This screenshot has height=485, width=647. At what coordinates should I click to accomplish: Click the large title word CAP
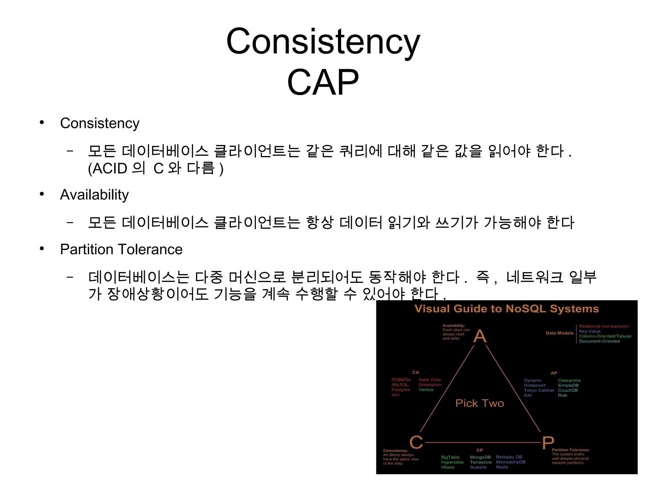pyautogui.click(x=323, y=82)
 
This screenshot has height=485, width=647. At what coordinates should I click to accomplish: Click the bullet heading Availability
pyautogui.click(x=94, y=195)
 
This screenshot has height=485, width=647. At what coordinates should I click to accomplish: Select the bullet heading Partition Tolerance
pyautogui.click(x=121, y=249)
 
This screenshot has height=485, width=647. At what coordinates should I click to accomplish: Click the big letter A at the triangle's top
pyautogui.click(x=480, y=336)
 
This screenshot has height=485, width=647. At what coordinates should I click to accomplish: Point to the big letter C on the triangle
pyautogui.click(x=416, y=442)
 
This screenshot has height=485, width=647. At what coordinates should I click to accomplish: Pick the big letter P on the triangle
pyautogui.click(x=548, y=443)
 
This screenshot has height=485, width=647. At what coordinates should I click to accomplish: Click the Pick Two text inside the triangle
pyautogui.click(x=480, y=403)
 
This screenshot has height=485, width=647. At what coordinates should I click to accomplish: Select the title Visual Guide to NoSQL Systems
pyautogui.click(x=506, y=309)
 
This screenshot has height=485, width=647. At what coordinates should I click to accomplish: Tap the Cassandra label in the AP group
pyautogui.click(x=569, y=380)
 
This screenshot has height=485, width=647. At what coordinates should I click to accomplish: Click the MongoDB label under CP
pyautogui.click(x=480, y=457)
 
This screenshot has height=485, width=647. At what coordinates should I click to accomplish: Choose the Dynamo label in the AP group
pyautogui.click(x=533, y=380)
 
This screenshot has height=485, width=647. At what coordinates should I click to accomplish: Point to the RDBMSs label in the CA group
pyautogui.click(x=401, y=380)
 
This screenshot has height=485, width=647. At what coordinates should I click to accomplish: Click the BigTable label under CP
pyautogui.click(x=450, y=457)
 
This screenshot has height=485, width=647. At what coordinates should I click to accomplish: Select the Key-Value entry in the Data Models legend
pyautogui.click(x=590, y=331)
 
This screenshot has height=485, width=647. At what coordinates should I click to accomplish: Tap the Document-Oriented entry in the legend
pyautogui.click(x=599, y=341)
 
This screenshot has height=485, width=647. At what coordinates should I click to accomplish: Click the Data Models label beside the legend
pyautogui.click(x=559, y=333)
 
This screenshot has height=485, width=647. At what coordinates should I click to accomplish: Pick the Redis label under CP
pyautogui.click(x=502, y=467)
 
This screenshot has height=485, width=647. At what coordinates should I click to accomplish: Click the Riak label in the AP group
pyautogui.click(x=562, y=395)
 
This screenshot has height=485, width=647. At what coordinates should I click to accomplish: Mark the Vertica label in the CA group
pyautogui.click(x=426, y=390)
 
